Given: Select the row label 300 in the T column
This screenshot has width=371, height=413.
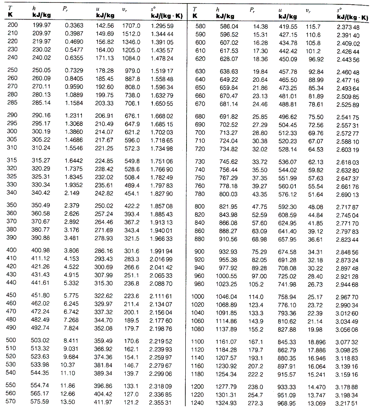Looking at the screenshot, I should [13, 132].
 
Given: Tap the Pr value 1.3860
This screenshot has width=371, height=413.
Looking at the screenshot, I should [74, 132].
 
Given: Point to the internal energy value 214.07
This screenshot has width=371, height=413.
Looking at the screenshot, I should [105, 132].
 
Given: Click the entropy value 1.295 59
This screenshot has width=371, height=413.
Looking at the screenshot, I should [162, 25].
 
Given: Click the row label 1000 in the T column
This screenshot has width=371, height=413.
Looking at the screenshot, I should [197, 296].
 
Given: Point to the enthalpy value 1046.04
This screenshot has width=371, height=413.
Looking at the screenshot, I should [226, 296].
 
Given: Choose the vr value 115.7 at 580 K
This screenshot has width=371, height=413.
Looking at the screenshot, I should [313, 27].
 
